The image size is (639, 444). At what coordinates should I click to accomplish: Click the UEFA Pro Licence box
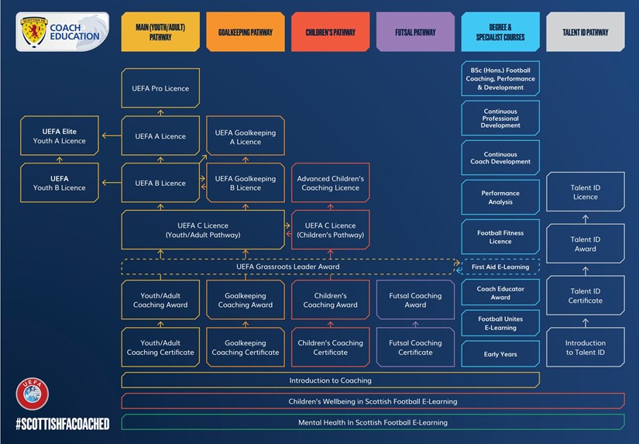[x=160, y=88]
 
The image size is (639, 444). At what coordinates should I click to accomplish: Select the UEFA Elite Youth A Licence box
[x=60, y=136]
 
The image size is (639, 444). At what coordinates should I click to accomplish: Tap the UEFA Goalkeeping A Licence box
[x=246, y=137]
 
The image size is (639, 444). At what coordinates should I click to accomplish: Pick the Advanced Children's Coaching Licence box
[x=331, y=183]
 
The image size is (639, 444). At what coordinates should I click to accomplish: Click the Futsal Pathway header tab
[x=415, y=33]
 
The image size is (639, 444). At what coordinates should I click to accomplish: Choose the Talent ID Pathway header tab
[x=585, y=33]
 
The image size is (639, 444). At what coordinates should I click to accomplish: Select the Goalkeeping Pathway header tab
[x=246, y=33]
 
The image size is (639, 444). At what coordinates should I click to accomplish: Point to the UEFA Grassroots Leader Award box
[x=287, y=267]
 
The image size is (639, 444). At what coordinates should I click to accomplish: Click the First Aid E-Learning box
[x=500, y=267]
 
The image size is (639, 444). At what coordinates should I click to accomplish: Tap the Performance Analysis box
[x=500, y=198]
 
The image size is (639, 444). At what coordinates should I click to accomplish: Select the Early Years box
[x=500, y=354]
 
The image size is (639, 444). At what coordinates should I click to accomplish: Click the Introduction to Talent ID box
[x=585, y=348]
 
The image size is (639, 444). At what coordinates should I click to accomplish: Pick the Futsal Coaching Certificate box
[x=415, y=348]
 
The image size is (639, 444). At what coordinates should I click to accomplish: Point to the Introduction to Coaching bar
[x=330, y=380]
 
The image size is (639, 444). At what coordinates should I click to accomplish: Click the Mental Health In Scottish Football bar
[x=373, y=422]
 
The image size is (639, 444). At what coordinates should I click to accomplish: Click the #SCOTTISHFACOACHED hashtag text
[x=62, y=424]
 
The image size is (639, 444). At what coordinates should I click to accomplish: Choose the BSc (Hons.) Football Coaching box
[x=500, y=79]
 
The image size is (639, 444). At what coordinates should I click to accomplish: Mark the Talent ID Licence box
[x=585, y=192]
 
